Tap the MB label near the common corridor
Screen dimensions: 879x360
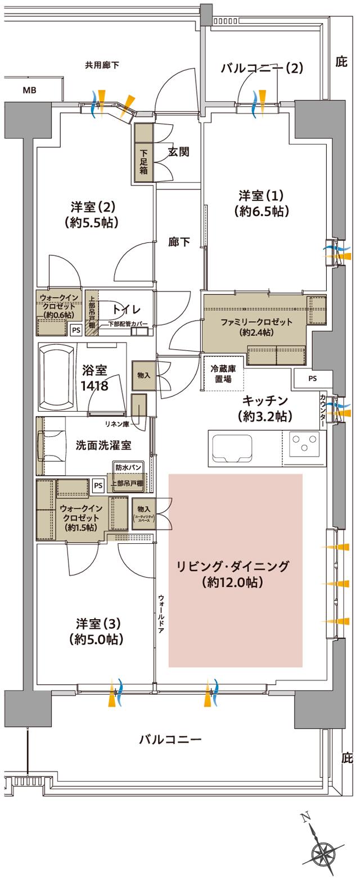tap(29, 90)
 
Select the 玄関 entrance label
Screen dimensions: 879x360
tap(178, 151)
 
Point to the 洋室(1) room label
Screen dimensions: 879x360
tap(262, 203)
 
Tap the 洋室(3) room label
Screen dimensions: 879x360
tap(96, 632)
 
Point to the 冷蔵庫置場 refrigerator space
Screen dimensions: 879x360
tap(223, 374)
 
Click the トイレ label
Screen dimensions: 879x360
tap(126, 309)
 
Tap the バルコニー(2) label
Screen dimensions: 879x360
tap(262, 69)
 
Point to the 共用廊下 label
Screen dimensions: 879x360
tap(102, 65)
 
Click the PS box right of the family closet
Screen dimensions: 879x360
tap(312, 379)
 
